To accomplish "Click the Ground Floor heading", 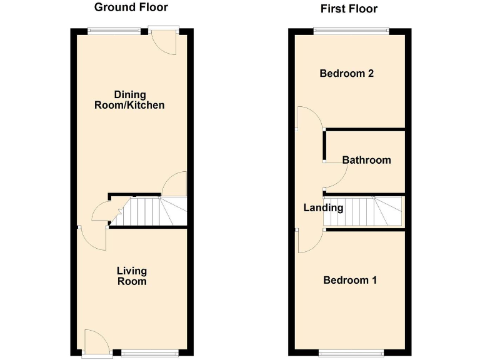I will point(131,7).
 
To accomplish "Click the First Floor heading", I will point(349,9).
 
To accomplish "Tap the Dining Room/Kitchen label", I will point(129,100).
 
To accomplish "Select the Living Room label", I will point(132,276).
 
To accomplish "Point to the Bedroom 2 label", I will point(346,74).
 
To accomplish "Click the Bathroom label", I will point(366,160).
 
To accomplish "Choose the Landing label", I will point(323,208).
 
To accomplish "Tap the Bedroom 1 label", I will point(349,280).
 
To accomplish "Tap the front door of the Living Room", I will point(96,342).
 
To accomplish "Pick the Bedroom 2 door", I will point(309,119).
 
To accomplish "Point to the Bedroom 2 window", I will point(351,29).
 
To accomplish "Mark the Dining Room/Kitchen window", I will point(114,29).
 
